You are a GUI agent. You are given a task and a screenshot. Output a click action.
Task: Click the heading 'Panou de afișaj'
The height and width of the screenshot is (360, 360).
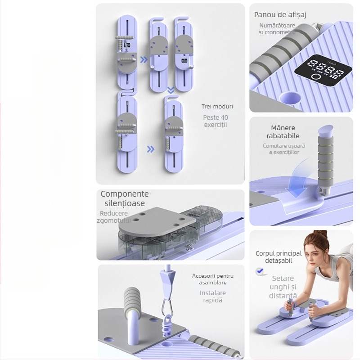pos(280,15)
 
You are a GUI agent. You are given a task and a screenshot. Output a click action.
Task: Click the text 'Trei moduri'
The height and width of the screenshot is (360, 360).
pos(217,107)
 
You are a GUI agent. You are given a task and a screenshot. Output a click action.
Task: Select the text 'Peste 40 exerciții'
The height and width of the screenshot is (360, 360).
pos(216,121)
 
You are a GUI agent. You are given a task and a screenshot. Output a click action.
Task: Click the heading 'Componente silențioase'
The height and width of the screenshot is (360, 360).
pos(124,198)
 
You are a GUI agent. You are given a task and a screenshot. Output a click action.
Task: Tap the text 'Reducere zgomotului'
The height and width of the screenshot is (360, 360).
pos(114,216)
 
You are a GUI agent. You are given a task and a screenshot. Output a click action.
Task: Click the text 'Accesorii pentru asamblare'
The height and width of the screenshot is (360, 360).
pos(213,279)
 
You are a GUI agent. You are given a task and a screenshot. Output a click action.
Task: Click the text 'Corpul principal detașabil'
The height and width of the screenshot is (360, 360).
pos(279,257)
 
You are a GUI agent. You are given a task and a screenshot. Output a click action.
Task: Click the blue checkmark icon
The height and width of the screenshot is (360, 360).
pos(260,271)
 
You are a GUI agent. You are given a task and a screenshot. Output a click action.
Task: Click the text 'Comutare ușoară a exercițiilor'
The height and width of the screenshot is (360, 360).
pos(284,149)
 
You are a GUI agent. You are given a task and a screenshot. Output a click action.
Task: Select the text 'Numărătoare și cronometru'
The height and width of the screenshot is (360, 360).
pos(277,29)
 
